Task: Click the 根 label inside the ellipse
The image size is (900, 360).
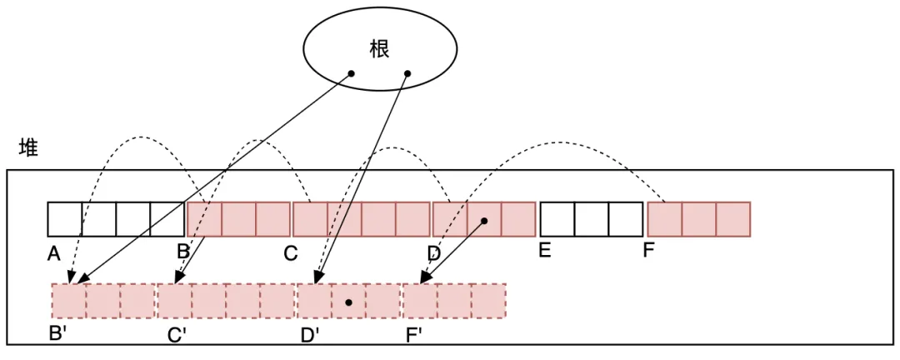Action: point(379,47)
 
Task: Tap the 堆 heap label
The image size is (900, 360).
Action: point(28,148)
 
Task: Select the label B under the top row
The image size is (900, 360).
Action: point(183,251)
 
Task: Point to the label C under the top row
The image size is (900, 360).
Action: point(290,253)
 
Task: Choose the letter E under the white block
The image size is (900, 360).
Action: point(544,250)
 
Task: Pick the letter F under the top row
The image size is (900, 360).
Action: point(648,250)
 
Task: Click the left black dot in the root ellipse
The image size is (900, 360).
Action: point(351,74)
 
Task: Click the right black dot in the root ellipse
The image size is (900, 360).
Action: point(407,74)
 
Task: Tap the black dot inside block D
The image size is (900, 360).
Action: point(484,221)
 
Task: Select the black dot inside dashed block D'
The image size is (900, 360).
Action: point(349,302)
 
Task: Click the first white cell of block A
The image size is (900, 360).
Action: point(65,219)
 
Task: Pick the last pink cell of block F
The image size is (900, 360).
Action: point(733,219)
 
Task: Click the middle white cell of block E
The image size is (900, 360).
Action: point(592,219)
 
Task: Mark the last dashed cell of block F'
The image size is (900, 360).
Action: point(489,301)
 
